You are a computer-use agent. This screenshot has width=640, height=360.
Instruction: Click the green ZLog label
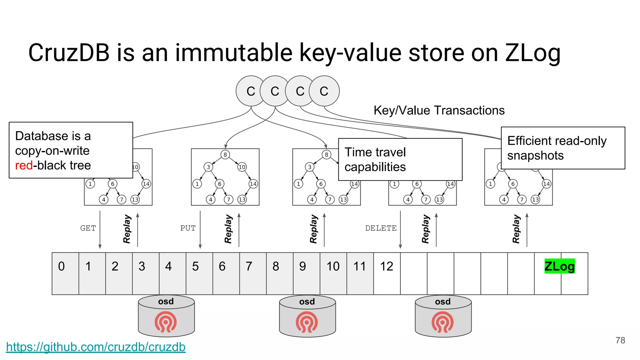[559, 266]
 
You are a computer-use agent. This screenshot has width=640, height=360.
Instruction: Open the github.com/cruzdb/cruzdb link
[96, 347]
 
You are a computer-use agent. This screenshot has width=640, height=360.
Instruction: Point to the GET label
[88, 228]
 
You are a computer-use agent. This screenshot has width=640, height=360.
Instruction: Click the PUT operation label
[188, 228]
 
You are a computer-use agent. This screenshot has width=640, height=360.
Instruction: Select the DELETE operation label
[381, 228]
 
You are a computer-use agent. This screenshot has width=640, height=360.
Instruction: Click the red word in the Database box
[24, 165]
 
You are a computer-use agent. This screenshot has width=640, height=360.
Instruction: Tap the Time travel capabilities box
[400, 159]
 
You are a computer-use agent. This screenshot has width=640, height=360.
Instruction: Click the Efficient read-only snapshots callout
[562, 148]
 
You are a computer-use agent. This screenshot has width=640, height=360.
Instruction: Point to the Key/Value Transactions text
[439, 110]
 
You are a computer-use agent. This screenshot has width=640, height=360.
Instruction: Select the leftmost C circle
[251, 91]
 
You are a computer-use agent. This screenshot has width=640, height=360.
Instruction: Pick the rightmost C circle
[324, 91]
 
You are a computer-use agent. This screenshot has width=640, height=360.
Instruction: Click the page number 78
[620, 340]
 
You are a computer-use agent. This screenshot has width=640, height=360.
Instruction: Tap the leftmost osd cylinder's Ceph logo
[166, 322]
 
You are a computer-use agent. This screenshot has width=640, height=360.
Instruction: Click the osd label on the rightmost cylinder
[443, 302]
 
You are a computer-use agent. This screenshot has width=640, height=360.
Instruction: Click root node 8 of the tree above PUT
[225, 154]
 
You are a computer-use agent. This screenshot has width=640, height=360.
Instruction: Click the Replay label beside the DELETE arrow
[425, 229]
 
